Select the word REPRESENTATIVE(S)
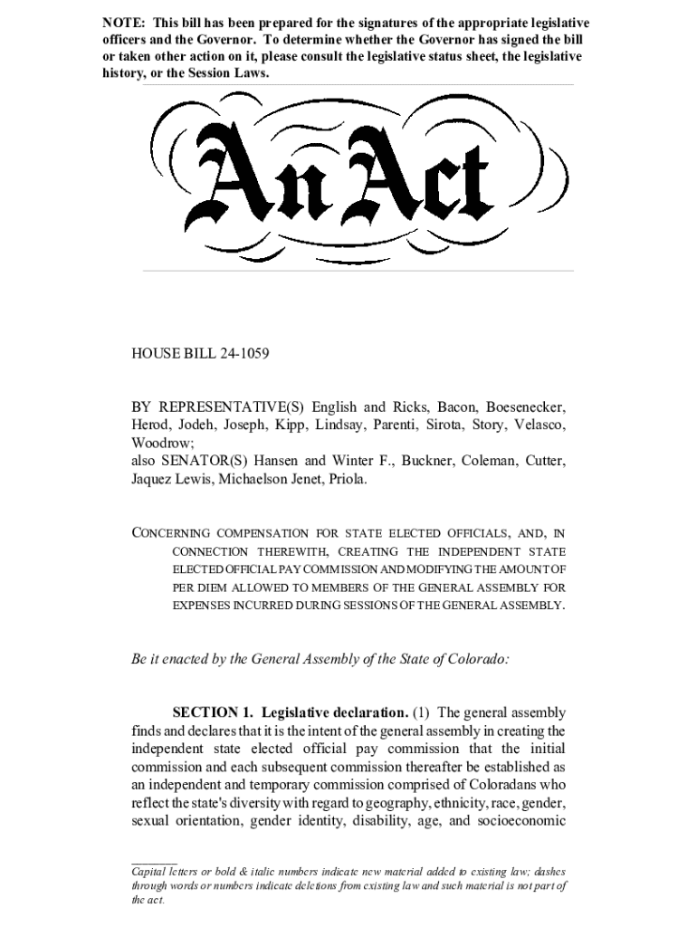(226, 407)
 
